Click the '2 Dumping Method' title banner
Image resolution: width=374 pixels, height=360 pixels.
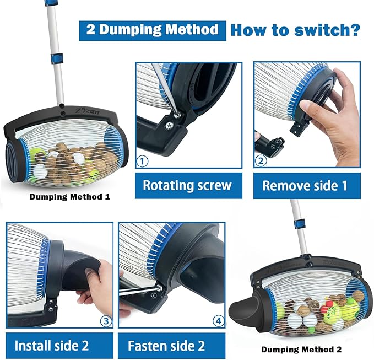click(152, 30)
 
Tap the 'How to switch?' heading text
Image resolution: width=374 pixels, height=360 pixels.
click(295, 29)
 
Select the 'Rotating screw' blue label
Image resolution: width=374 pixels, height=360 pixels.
click(187, 185)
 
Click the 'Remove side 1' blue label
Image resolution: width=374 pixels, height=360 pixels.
click(305, 185)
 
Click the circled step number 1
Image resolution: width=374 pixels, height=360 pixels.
click(143, 162)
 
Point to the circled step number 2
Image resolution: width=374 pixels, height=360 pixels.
click(261, 162)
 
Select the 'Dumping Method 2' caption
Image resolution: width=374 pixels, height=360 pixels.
click(301, 349)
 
